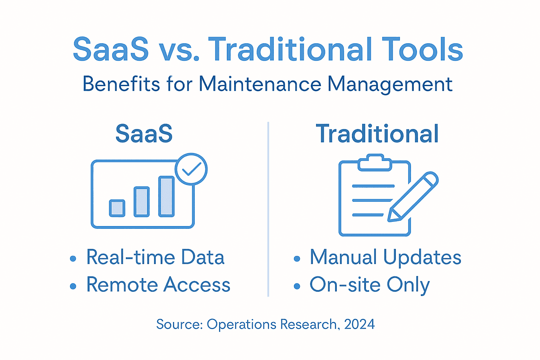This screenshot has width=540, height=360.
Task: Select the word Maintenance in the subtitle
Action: (260, 84)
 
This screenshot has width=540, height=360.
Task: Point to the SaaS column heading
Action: (144, 134)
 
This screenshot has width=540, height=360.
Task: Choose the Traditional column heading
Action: (377, 134)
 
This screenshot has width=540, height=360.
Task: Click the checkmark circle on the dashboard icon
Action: (191, 169)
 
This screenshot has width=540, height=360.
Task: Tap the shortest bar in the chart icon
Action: (117, 208)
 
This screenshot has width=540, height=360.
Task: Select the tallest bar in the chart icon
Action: (166, 196)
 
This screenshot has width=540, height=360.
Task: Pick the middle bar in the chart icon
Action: (142, 202)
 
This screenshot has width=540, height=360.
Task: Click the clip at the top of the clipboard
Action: (375, 162)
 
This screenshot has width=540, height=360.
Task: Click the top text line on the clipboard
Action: (373, 186)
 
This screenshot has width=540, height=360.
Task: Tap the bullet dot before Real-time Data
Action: (73, 259)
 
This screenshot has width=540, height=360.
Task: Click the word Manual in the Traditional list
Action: (343, 257)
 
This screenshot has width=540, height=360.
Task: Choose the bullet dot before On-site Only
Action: (297, 286)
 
